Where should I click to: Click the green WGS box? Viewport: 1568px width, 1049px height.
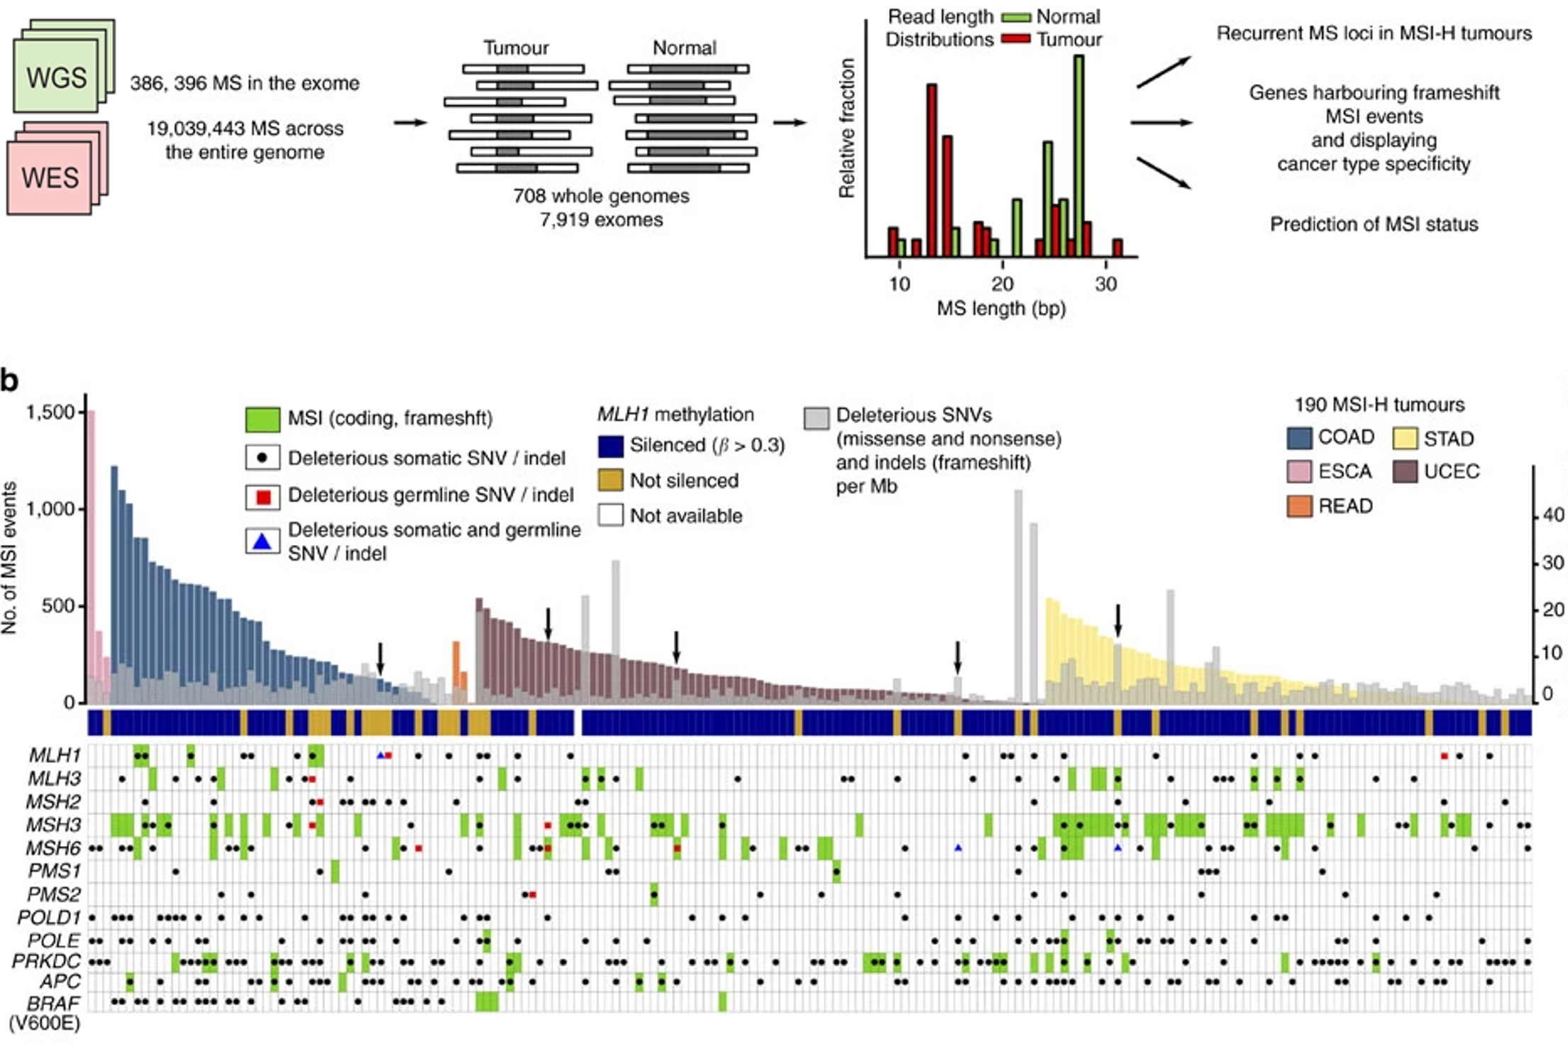point(56,76)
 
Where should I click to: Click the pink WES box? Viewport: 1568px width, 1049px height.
point(50,177)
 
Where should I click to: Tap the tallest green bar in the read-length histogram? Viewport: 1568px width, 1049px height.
point(1078,156)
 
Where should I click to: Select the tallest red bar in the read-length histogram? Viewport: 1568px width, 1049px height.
point(932,170)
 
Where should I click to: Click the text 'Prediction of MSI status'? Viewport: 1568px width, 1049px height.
point(1374,224)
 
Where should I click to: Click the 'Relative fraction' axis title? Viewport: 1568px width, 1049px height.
point(847,128)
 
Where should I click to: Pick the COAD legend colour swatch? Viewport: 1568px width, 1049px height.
point(1299,437)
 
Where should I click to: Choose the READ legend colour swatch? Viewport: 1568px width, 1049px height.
point(1299,506)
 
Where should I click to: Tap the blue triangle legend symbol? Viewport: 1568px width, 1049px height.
point(263,542)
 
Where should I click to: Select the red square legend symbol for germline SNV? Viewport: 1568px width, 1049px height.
point(263,496)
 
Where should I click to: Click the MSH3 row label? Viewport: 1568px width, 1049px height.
point(54,825)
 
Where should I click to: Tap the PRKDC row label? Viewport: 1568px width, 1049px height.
point(47,962)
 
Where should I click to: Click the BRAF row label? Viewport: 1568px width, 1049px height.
point(54,1004)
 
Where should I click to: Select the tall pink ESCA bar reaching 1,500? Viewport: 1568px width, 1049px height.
point(92,554)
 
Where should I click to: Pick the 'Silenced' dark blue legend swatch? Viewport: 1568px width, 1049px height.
point(611,446)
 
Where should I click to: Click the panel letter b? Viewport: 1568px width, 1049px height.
point(10,381)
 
